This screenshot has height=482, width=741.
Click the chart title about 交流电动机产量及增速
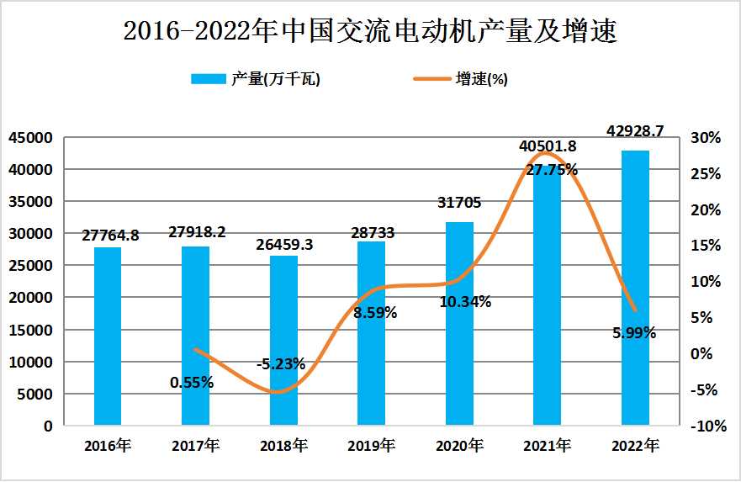pos(370,31)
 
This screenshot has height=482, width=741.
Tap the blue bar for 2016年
pos(107,336)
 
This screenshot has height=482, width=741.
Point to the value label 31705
pos(459,202)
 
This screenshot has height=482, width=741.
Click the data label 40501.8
pos(548,146)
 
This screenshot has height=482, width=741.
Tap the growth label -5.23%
pos(280,364)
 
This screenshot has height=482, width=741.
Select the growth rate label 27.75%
pos(552,169)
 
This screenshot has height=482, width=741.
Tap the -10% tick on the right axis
pos(707,426)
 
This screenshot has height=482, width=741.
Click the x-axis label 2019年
pos(371,445)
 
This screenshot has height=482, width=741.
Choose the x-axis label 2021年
pos(548,445)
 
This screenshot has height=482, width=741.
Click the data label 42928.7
pos(635,131)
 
